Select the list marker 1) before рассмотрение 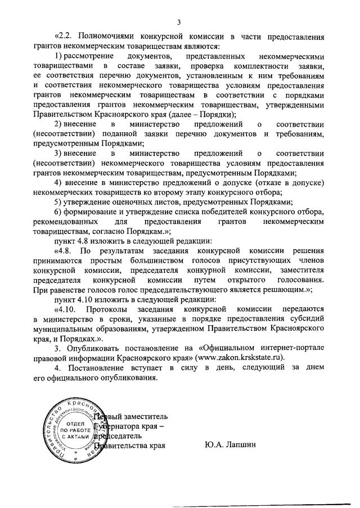[x=58, y=57]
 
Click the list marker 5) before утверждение [x=58, y=201]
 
